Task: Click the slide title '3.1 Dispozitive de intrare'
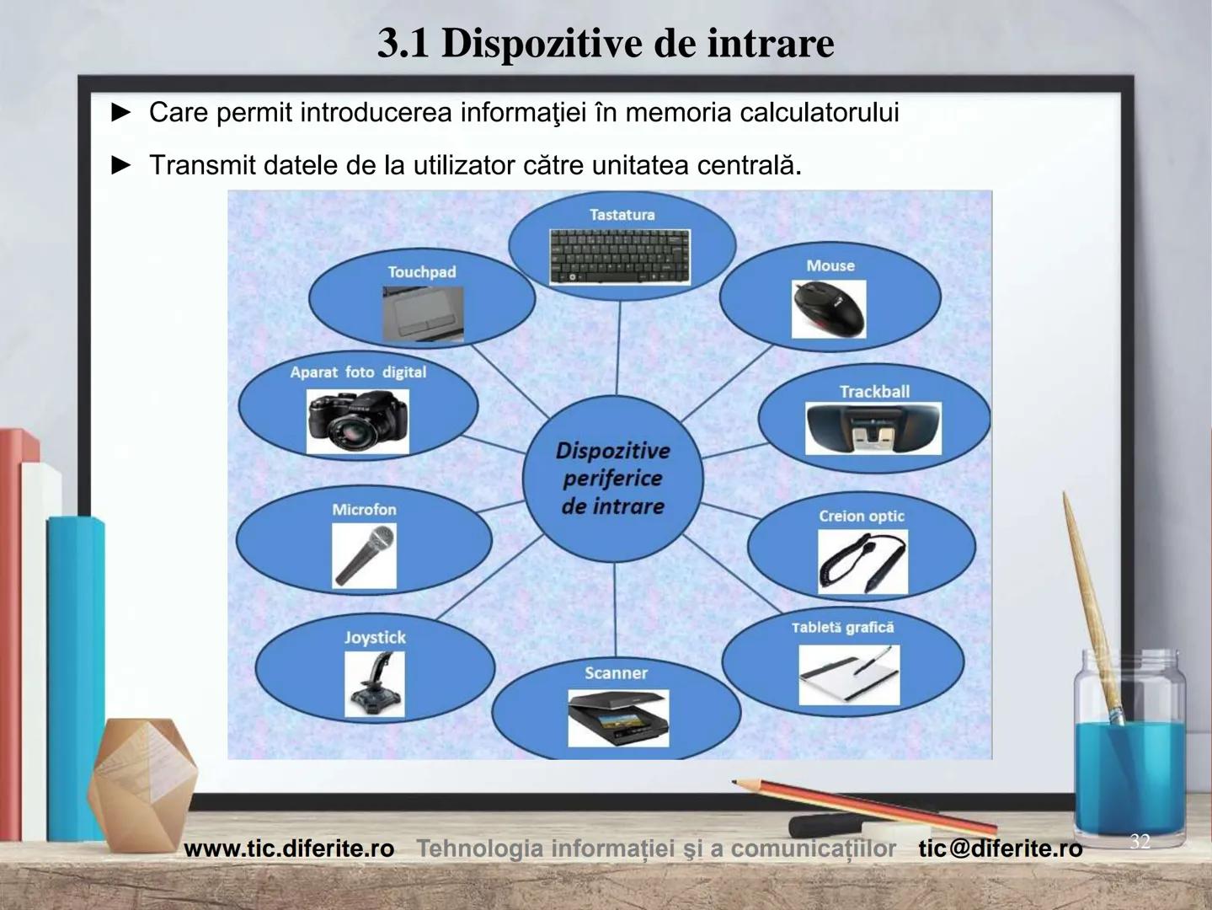(606, 44)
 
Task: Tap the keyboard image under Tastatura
(620, 256)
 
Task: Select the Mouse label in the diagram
(830, 265)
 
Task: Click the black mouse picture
(829, 308)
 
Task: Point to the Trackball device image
(873, 427)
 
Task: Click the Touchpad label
(421, 272)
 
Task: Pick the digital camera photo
(358, 421)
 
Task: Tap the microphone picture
(364, 555)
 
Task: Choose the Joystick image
(374, 685)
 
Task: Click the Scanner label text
(616, 673)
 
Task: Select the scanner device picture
(617, 718)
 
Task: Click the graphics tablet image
(849, 675)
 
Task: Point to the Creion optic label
(861, 516)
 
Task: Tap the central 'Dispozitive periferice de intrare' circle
(612, 479)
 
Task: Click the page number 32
(1140, 841)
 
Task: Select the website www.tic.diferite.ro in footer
(289, 848)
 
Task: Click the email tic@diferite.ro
(1000, 848)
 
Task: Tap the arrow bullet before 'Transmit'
(122, 165)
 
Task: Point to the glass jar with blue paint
(1130, 741)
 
